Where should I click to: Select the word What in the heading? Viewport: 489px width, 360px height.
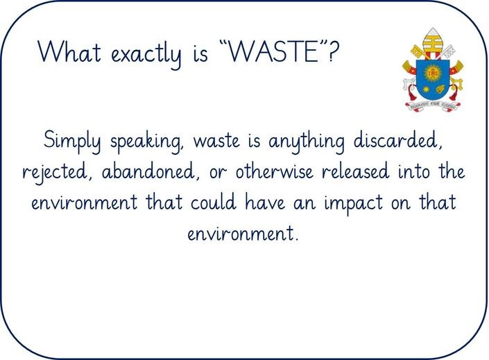(x=69, y=51)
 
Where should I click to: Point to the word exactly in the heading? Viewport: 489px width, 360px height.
(x=146, y=55)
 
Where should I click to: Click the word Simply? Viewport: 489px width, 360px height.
(x=72, y=141)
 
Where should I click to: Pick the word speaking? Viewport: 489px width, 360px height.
(x=146, y=142)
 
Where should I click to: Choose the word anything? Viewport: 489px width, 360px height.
(x=307, y=142)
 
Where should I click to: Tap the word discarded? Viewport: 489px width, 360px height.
(x=398, y=140)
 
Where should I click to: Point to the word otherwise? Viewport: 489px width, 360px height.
(x=274, y=171)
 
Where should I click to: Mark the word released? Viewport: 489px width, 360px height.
(x=356, y=171)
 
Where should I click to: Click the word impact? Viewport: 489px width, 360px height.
(x=353, y=204)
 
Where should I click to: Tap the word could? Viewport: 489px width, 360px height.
(x=213, y=202)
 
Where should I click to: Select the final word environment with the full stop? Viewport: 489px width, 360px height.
(x=243, y=233)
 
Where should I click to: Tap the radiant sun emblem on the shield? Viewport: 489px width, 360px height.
(x=433, y=73)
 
